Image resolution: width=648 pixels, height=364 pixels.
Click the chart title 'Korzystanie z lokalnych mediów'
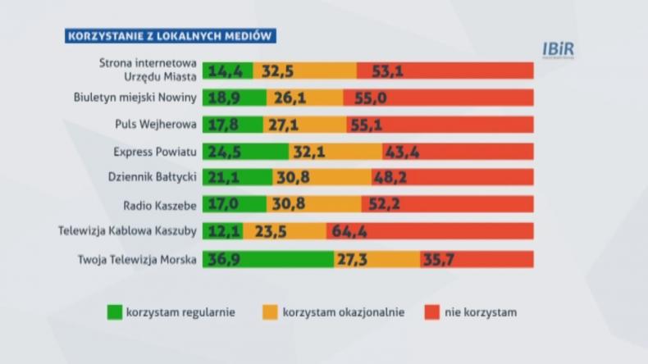(x=170, y=35)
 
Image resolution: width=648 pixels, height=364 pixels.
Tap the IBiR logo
(x=559, y=49)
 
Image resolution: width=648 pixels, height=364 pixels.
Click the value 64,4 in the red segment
(x=350, y=232)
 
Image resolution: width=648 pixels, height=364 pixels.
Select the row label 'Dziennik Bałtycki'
(x=153, y=178)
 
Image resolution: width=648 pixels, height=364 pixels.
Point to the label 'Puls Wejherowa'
(x=156, y=125)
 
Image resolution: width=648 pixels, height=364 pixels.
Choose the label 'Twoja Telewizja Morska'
(x=138, y=259)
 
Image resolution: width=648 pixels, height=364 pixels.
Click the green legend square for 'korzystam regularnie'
(x=114, y=312)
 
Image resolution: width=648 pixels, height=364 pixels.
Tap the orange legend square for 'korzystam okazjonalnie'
(x=269, y=312)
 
